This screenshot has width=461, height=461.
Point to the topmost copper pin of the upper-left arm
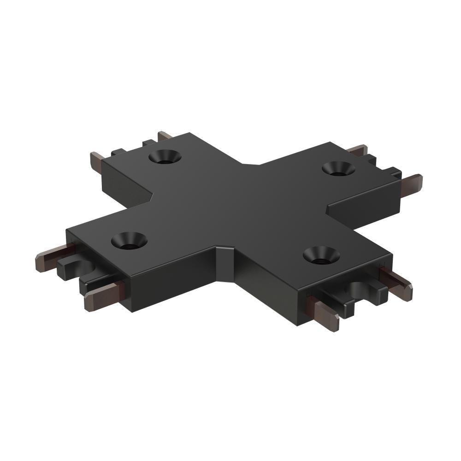(165, 136)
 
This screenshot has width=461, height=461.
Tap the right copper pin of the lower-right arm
(396, 283)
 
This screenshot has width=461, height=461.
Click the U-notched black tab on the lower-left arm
(74, 269)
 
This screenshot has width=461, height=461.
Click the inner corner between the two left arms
(152, 198)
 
